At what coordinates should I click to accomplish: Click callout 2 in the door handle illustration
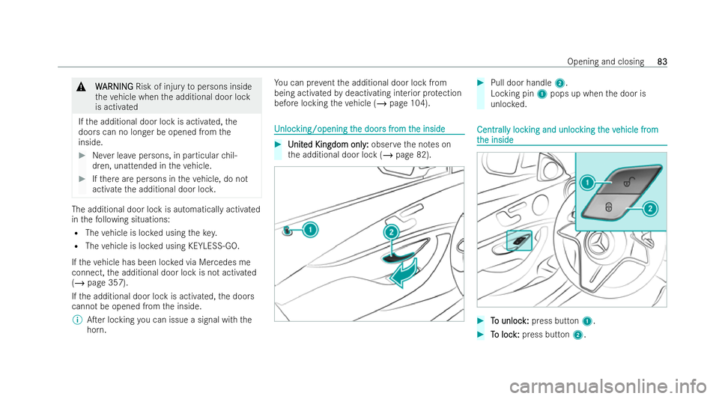click(x=390, y=233)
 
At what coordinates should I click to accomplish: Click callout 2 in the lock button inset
click(x=651, y=207)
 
